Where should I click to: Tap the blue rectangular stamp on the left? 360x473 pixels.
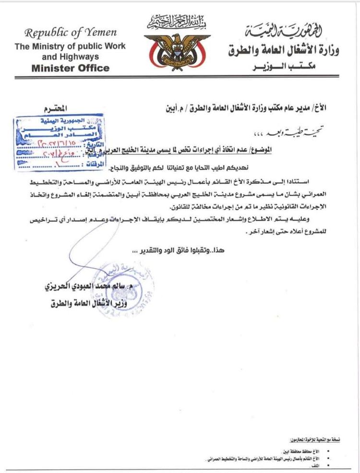(47, 143)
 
